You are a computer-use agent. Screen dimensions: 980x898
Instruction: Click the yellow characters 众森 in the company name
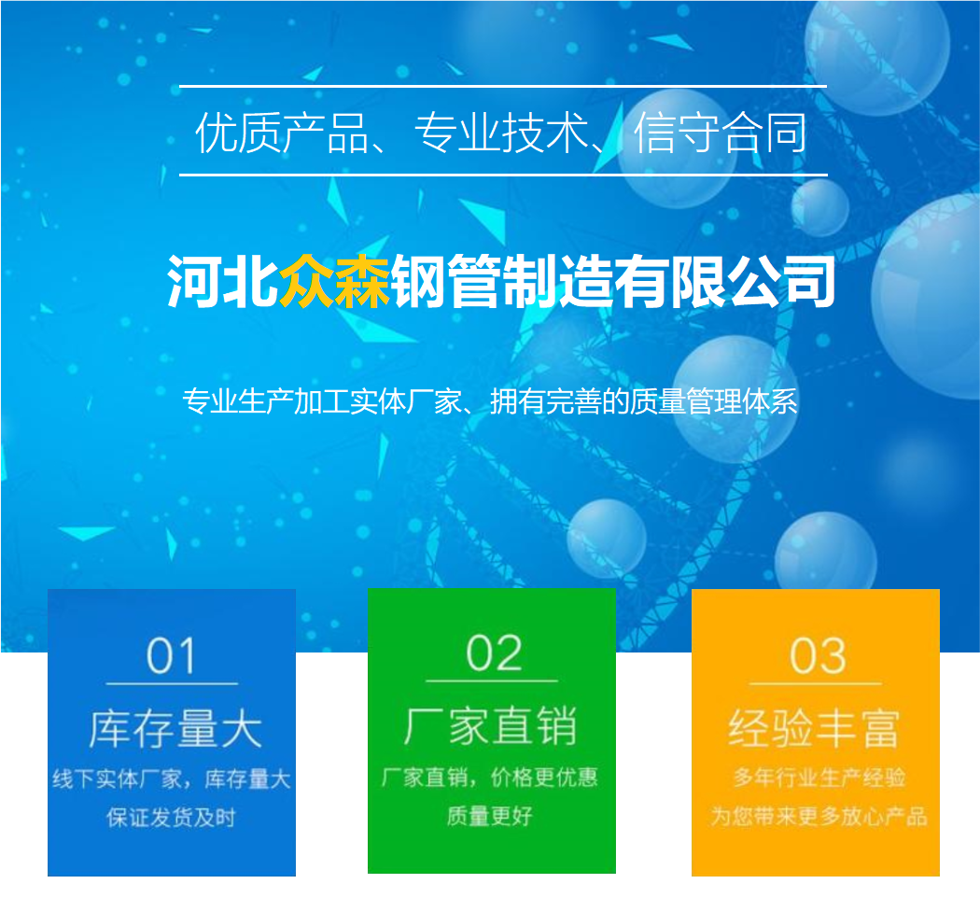point(334,281)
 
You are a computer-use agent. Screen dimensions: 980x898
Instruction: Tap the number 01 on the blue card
point(171,655)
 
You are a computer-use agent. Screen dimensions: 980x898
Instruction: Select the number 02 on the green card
point(493,652)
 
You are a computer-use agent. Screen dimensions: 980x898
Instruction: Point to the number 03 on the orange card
point(818,655)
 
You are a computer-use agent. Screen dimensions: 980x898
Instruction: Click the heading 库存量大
point(175,729)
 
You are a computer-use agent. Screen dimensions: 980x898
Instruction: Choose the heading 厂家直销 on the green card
point(491,725)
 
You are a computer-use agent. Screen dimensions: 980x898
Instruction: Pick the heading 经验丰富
point(814,729)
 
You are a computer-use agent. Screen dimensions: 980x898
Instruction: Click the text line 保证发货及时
point(171,817)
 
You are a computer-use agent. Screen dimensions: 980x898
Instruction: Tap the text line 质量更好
point(489,815)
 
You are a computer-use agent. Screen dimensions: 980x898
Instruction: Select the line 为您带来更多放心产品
point(819,816)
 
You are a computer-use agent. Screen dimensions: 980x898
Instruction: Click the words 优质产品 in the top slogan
point(281,133)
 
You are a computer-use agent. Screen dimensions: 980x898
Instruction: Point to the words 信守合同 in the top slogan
point(720,133)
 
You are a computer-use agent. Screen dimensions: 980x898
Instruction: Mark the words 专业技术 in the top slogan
point(501,133)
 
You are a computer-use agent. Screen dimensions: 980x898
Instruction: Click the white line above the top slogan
point(503,86)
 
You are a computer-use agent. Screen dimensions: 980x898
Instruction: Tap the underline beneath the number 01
point(172,683)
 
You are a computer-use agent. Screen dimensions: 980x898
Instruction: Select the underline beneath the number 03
point(816,683)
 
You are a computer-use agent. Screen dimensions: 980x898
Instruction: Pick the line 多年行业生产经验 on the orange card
point(819,778)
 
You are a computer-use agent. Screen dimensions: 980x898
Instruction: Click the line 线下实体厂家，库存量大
point(171,779)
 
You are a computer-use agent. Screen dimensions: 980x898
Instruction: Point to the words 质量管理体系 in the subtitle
point(713,401)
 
